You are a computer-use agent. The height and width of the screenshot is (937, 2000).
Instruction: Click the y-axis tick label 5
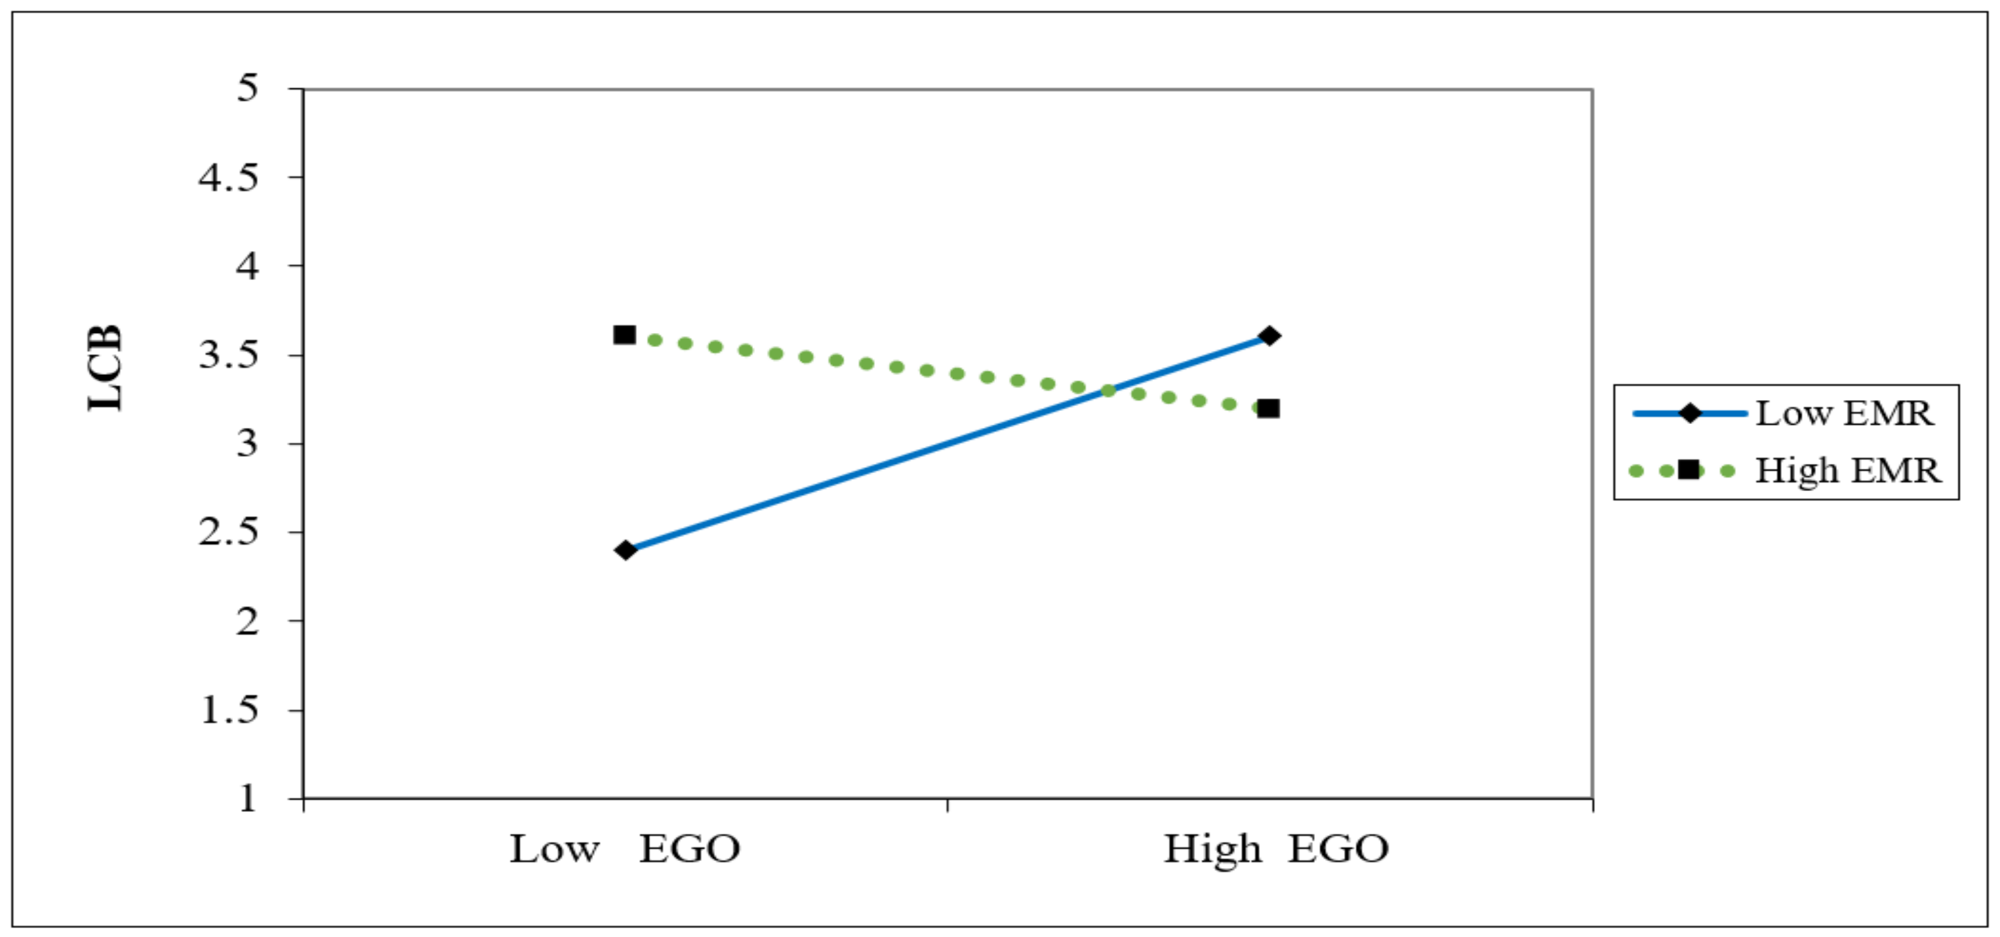247,88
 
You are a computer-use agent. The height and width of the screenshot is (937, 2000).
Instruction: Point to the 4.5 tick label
228,177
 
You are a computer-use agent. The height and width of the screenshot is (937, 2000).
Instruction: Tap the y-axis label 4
247,267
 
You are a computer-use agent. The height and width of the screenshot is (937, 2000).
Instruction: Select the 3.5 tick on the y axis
228,355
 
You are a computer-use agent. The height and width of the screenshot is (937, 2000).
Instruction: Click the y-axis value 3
247,443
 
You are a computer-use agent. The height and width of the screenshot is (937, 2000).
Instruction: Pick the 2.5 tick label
228,532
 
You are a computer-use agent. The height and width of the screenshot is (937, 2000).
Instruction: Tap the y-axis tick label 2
247,621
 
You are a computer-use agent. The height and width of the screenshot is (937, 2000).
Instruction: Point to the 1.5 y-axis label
228,710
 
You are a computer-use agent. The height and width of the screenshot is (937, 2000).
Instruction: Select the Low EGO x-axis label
625,849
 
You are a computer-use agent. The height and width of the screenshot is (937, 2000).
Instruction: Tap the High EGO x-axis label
1275,849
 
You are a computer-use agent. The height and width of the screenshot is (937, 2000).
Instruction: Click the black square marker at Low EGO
625,334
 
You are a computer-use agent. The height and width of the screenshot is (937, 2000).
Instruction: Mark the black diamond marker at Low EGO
625,550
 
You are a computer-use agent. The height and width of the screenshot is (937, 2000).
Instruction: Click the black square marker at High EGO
1268,408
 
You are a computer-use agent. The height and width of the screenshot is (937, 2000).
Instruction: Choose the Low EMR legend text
1844,414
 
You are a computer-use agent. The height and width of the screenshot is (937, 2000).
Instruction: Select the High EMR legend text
1847,470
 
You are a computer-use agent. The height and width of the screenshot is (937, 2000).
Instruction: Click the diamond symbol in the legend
1690,414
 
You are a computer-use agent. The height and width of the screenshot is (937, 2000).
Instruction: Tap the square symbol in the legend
1688,470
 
